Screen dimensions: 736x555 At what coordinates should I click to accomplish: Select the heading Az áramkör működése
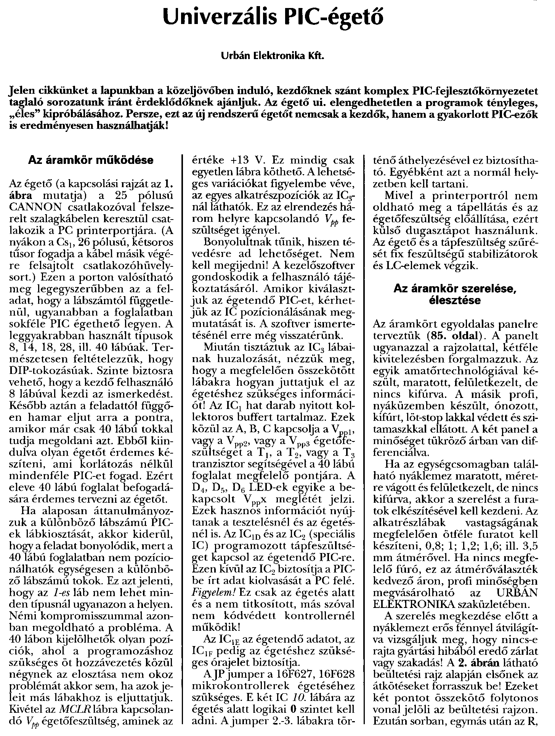coord(91,160)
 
